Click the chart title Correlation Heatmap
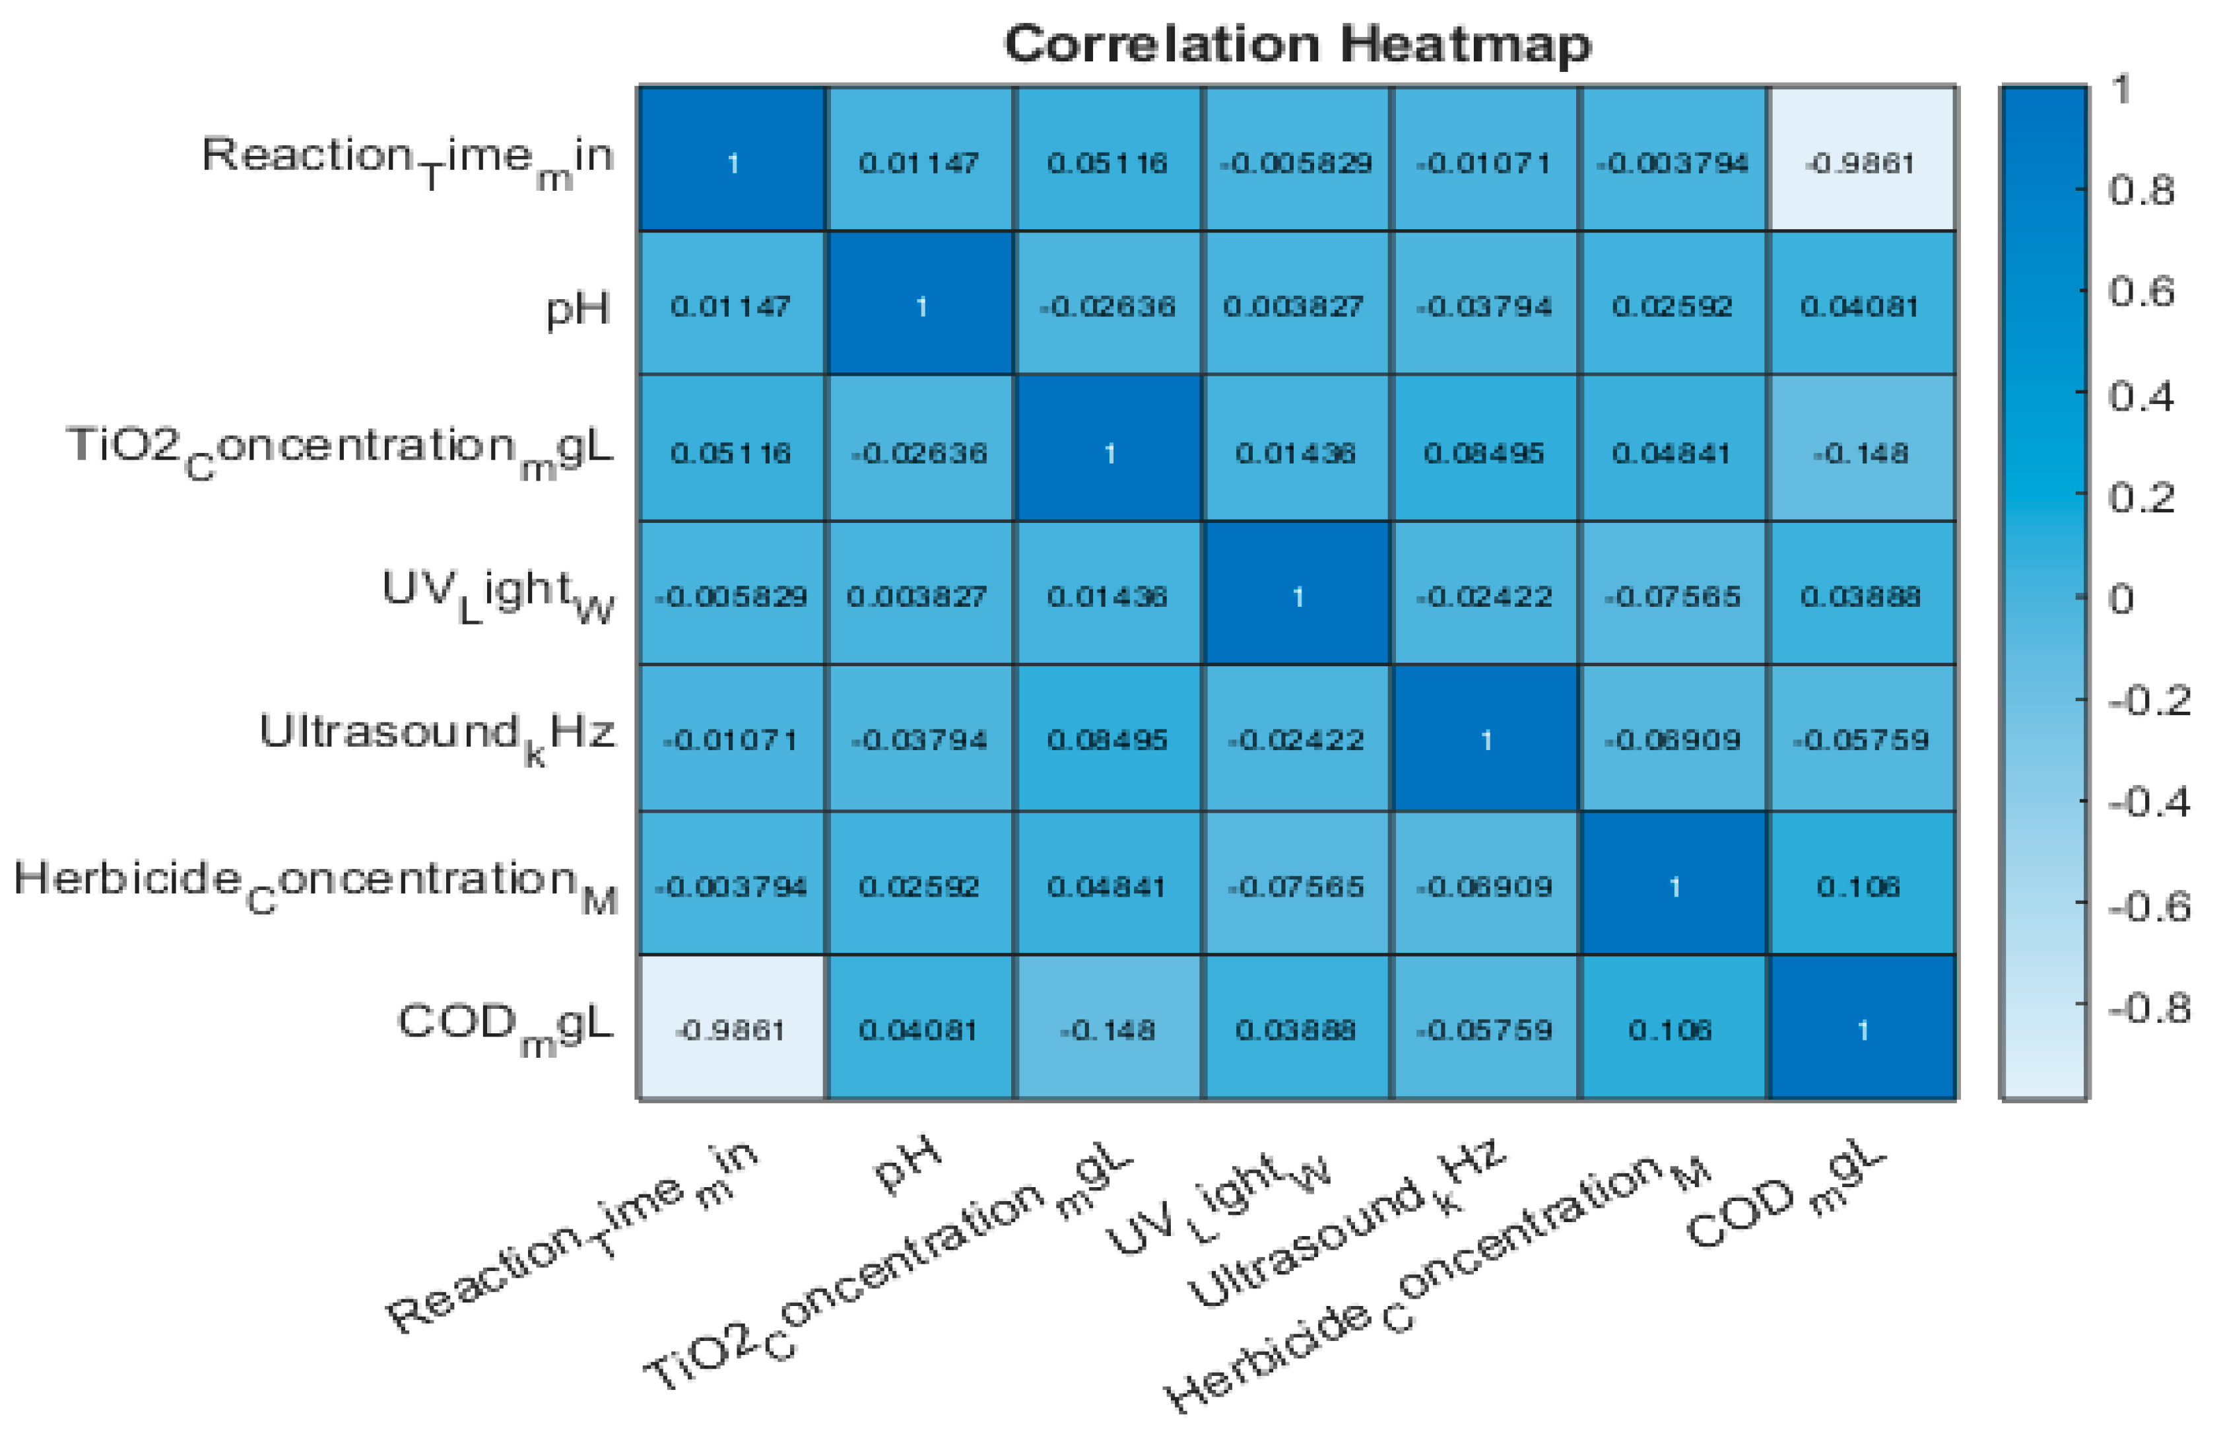(1297, 44)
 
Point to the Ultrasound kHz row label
(437, 734)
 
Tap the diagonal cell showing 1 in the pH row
(920, 306)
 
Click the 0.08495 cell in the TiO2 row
(1484, 454)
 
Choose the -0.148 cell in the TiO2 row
(1861, 454)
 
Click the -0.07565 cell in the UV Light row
(1673, 596)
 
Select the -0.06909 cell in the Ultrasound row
(1673, 740)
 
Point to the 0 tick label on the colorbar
(2121, 598)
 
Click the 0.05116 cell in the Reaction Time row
(1107, 163)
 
